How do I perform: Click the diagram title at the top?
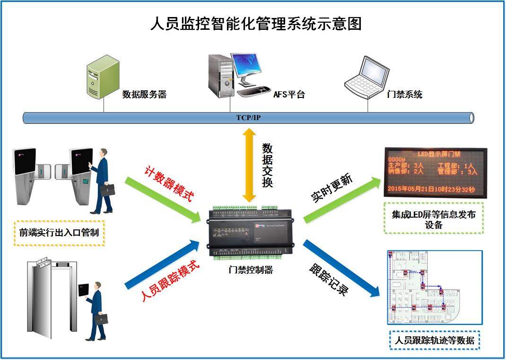(255, 23)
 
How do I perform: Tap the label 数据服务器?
(144, 95)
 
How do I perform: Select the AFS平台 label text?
(289, 95)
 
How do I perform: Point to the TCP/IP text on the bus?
(248, 118)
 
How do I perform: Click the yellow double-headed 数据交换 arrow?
(247, 165)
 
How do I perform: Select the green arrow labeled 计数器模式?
(166, 199)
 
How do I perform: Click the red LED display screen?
(435, 173)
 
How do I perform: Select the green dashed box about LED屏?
(434, 219)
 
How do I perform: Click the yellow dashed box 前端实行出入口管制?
(59, 232)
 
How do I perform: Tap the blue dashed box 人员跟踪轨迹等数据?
(434, 340)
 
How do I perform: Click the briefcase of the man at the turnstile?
(107, 190)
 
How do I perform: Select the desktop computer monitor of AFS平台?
(246, 67)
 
